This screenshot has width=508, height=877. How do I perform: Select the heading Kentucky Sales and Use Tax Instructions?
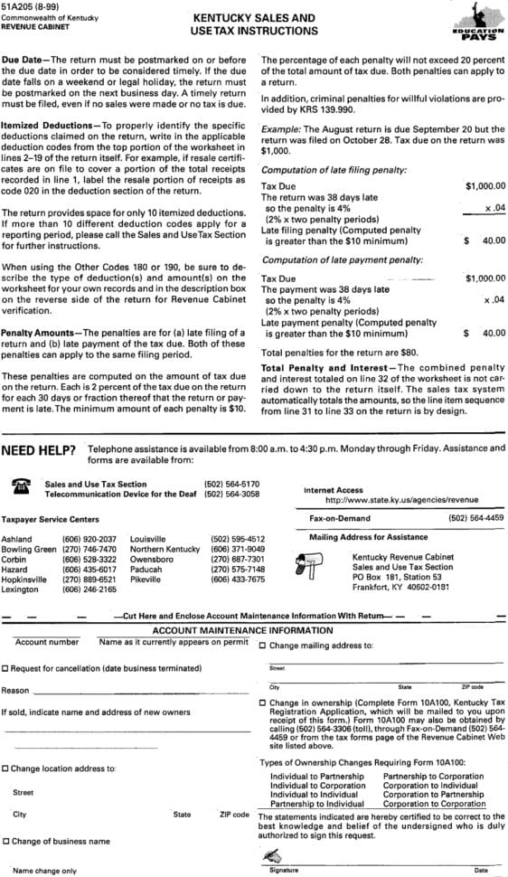tap(254, 24)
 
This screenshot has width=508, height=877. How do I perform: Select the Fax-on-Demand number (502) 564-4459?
tap(475, 518)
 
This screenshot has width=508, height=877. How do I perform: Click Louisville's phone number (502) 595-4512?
tap(238, 539)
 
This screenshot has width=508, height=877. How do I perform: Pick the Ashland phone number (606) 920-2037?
tap(89, 539)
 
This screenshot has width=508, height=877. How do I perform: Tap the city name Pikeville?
tap(146, 580)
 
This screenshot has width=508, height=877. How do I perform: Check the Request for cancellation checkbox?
tap(5, 667)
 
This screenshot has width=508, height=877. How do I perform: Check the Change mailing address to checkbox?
tap(262, 646)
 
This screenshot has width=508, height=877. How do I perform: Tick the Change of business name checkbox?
tap(5, 841)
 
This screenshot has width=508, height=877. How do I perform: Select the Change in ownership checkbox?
tap(262, 703)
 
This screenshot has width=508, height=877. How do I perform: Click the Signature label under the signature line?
tap(284, 871)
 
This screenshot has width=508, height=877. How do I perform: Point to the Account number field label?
tap(46, 642)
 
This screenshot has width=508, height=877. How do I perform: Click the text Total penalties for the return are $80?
tap(326, 352)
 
